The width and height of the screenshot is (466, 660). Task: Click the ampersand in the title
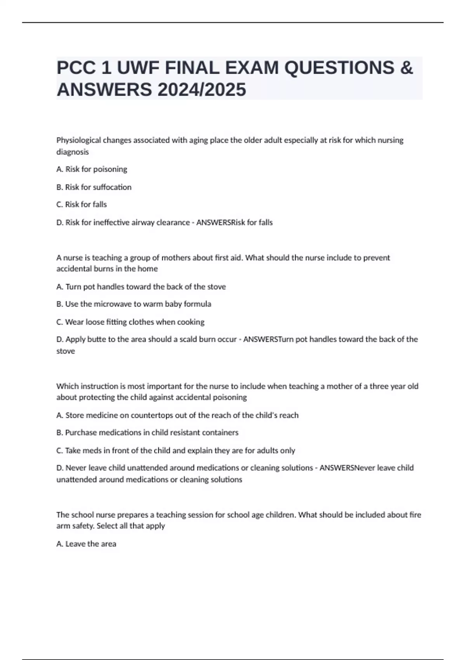(x=406, y=68)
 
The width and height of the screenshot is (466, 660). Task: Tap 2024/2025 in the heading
(x=202, y=90)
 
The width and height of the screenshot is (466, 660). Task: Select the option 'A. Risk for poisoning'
(x=92, y=169)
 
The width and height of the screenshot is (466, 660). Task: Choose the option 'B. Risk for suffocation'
(x=94, y=187)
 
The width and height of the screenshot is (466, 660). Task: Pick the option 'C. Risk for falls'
(x=82, y=205)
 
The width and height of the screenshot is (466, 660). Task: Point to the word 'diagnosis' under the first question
(x=73, y=152)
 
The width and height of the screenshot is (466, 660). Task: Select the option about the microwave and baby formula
(x=134, y=304)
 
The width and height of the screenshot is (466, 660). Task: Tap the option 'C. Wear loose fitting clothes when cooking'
(x=130, y=322)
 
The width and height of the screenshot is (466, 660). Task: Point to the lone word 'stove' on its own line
(x=66, y=351)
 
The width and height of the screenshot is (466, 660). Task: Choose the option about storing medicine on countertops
(x=177, y=415)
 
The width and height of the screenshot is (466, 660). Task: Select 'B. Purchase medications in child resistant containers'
(x=147, y=432)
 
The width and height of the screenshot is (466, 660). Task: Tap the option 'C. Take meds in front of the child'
(x=176, y=451)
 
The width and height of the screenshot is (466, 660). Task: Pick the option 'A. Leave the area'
(x=86, y=544)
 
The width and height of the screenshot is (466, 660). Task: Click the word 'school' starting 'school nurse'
(x=82, y=515)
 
